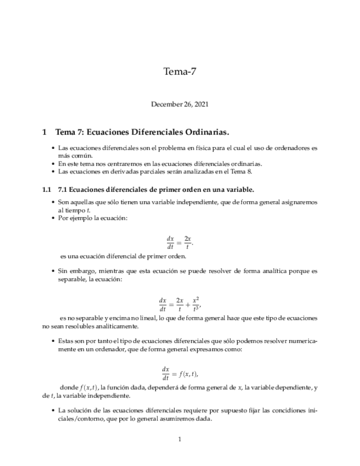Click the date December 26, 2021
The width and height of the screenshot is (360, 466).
(180, 104)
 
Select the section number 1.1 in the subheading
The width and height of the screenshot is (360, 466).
(47, 190)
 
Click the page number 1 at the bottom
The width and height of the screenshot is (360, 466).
(180, 439)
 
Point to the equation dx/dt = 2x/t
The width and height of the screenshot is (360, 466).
(180, 242)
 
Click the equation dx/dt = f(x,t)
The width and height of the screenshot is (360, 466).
(180, 373)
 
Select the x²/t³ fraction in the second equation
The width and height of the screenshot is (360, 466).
(196, 303)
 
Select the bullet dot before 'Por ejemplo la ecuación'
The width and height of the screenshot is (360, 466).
(53, 218)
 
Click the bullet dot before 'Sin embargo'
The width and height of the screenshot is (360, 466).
(53, 271)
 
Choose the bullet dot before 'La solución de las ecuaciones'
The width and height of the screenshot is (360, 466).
(53, 410)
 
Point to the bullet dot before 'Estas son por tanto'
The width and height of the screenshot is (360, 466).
(53, 341)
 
